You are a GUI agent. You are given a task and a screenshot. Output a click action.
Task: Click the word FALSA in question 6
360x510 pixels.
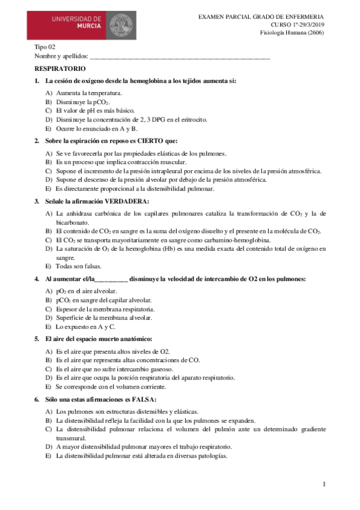[x=142, y=399]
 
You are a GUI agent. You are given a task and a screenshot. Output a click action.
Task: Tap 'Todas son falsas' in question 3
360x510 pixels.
[x=79, y=266]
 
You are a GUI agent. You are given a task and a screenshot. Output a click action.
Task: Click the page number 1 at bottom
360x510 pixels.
[x=323, y=484]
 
